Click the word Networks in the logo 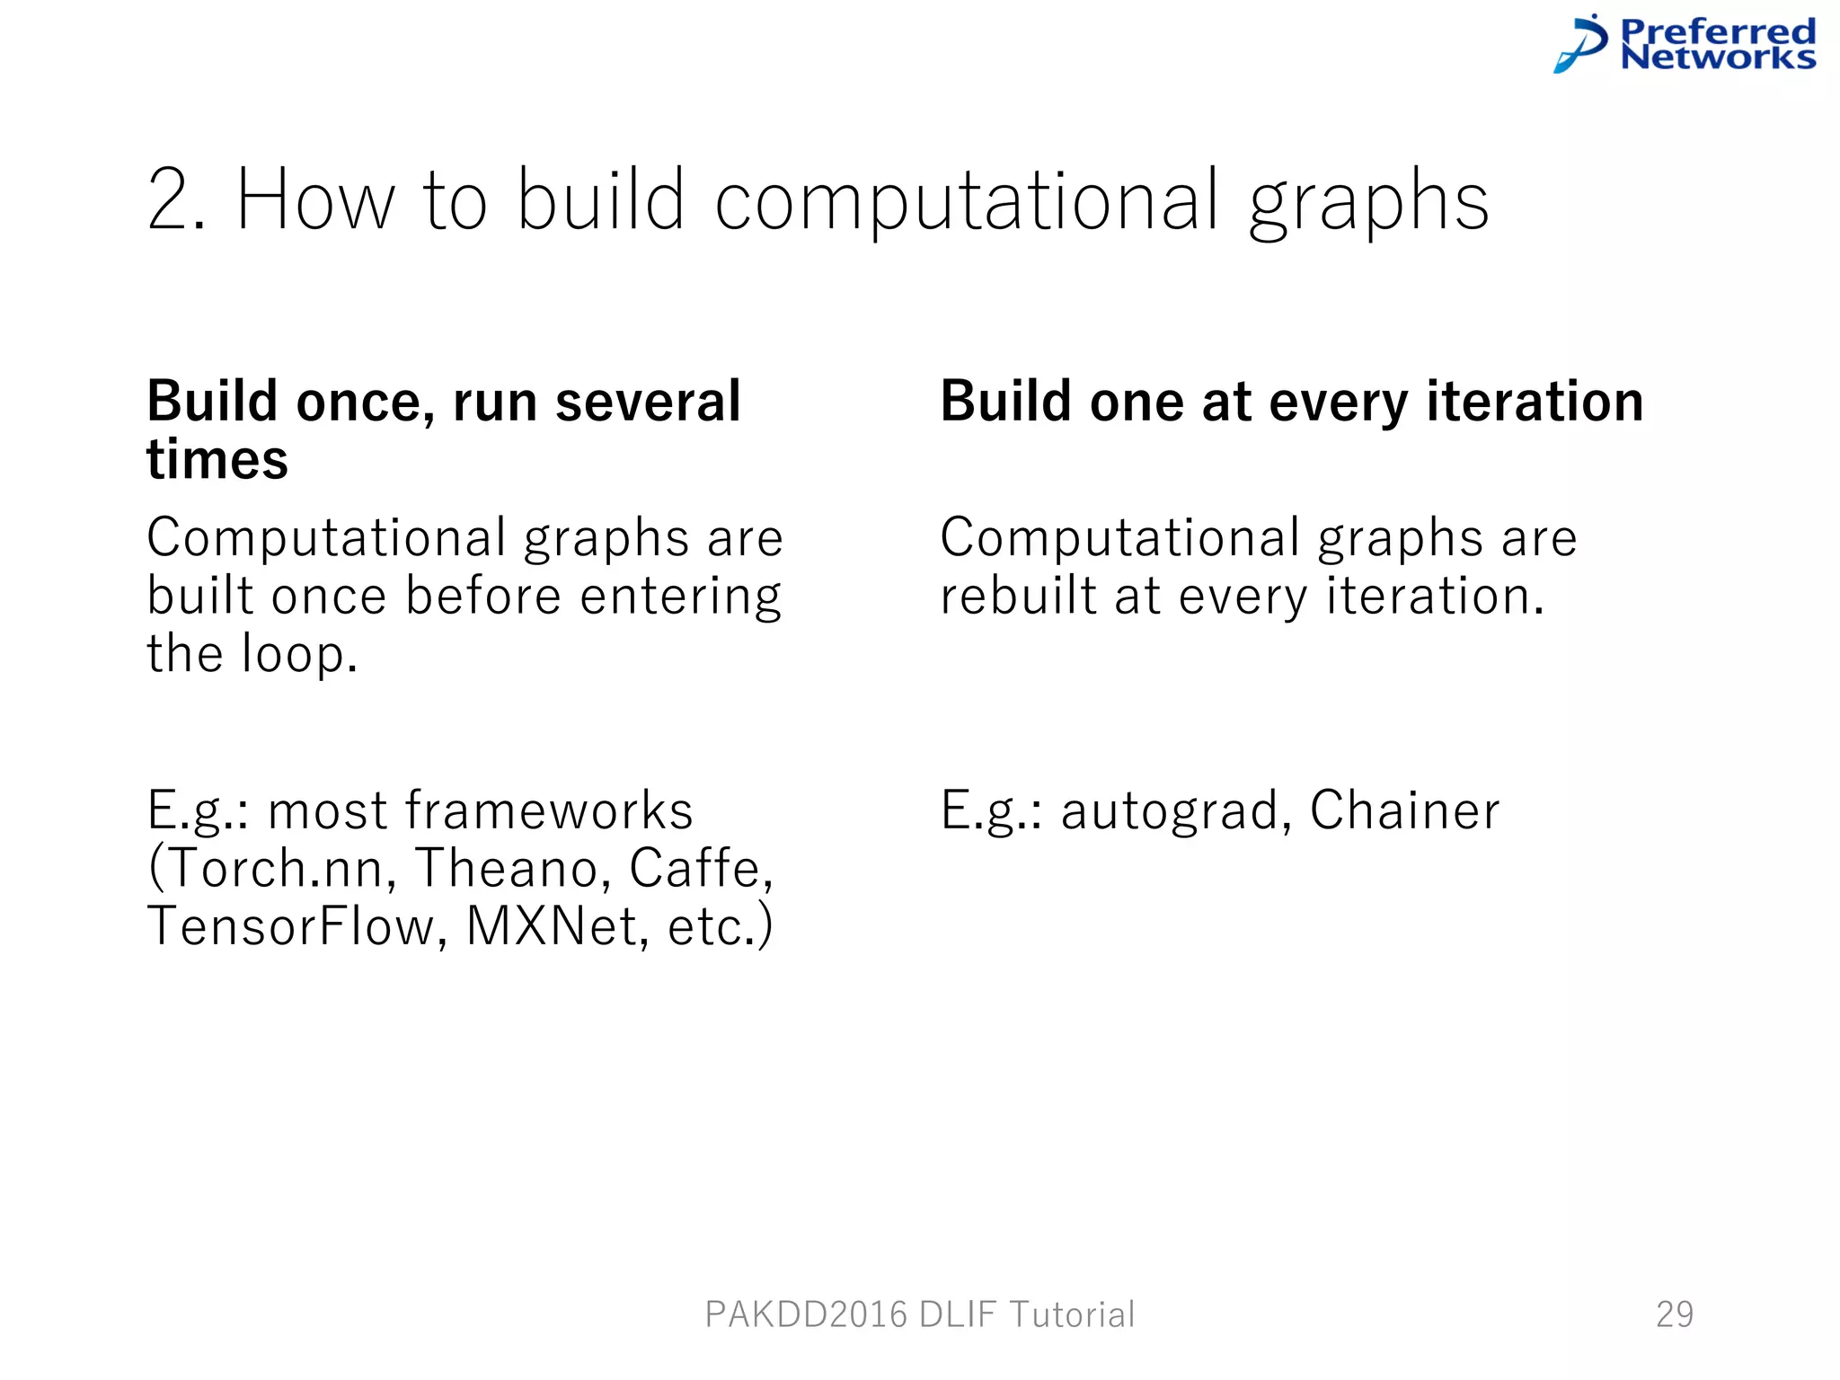tap(1718, 57)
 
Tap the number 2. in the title tap(177, 200)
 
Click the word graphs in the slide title tap(1368, 202)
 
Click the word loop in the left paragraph tap(299, 654)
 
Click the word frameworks tap(549, 810)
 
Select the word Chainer tap(1404, 810)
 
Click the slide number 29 tap(1675, 1314)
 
